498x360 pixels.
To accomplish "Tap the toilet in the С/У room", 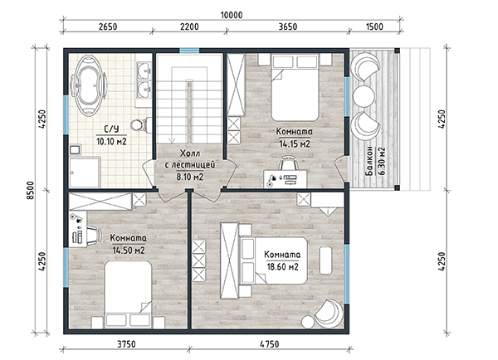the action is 142,124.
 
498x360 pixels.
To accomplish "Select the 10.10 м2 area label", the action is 111,141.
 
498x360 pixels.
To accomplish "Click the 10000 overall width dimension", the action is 232,15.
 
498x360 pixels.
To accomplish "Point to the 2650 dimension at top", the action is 108,27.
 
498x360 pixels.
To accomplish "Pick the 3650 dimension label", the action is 288,27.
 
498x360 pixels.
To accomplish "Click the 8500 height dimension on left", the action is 30,191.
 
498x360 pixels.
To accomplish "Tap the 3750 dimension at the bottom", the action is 126,344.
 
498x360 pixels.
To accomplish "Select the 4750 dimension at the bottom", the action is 269,344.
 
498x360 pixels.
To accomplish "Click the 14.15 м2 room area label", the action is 295,144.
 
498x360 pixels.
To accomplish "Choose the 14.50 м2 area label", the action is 129,251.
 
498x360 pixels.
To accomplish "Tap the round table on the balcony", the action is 364,96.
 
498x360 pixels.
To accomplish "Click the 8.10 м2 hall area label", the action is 190,177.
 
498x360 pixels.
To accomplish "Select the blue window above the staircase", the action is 189,51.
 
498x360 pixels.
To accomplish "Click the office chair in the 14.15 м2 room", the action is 289,163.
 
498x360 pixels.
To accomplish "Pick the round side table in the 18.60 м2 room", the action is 307,322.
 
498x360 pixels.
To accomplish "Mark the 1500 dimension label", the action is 374,27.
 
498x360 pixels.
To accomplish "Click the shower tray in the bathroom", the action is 85,172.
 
